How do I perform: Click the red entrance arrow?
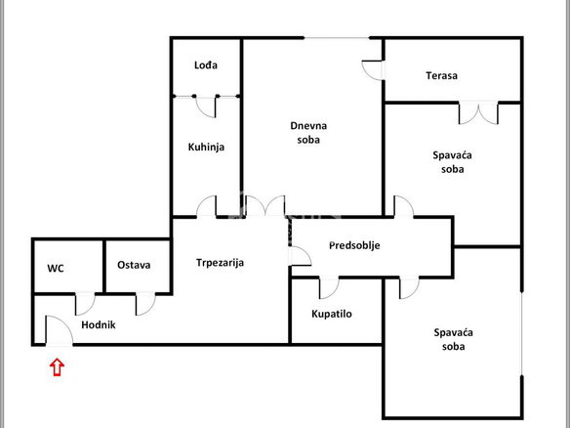[57, 366]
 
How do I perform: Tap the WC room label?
[56, 269]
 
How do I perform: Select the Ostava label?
[134, 265]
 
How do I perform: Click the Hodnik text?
[99, 324]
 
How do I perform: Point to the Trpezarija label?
[220, 263]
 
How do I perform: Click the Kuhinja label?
[206, 147]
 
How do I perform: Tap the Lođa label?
[206, 65]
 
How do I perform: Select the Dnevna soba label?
[308, 133]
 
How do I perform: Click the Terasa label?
[442, 75]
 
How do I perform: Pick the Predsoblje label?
[354, 245]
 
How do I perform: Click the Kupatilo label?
[332, 314]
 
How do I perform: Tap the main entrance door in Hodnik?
[59, 330]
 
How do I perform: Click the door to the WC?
[85, 304]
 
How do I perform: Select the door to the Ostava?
[145, 304]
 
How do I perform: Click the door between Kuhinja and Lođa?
[206, 107]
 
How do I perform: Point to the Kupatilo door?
[329, 288]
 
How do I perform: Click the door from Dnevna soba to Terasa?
[373, 70]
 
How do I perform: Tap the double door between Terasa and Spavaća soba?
[478, 113]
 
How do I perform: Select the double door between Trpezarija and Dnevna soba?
[265, 206]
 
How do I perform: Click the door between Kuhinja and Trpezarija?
[207, 206]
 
